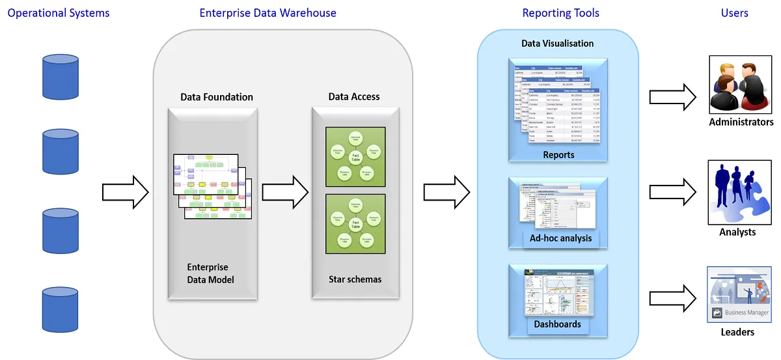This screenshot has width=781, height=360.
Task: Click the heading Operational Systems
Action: pos(59,13)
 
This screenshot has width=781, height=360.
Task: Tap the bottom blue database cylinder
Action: pos(61,309)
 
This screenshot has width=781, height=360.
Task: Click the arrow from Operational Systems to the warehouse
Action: pos(126,193)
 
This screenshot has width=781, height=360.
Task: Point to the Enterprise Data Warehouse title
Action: pos(267,13)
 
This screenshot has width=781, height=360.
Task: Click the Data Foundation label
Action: pos(217,97)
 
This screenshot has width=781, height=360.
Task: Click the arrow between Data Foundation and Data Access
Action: pos(285,193)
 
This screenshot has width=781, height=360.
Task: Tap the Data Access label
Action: pos(354,97)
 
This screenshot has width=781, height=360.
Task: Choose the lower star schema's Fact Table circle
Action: pos(355,224)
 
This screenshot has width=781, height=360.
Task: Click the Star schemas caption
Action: pos(355,280)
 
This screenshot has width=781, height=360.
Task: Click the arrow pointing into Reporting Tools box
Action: pos(446,193)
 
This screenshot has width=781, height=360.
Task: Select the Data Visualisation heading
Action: pos(558,44)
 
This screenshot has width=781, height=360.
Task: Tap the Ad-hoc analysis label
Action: pos(560,238)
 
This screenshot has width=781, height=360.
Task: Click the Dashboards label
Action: pos(558,324)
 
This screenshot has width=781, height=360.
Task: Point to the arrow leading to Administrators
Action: pos(673,98)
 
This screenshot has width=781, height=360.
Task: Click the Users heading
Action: pos(734,13)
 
